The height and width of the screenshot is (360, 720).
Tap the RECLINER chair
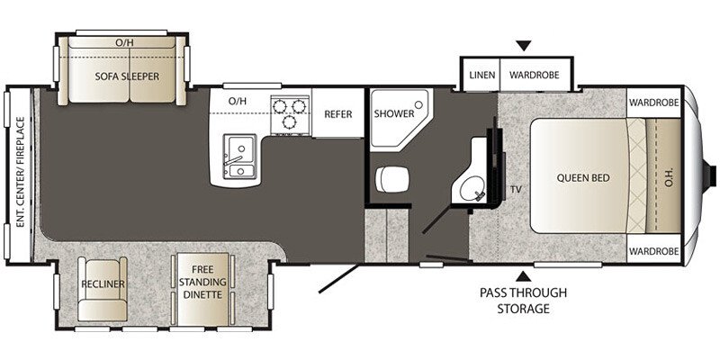(x=101, y=284)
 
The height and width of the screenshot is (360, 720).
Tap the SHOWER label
(x=394, y=114)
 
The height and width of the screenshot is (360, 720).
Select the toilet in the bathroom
(x=391, y=178)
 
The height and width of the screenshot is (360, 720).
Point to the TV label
(x=516, y=190)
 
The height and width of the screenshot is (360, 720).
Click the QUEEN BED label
(x=583, y=178)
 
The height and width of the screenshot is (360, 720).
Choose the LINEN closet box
(x=480, y=75)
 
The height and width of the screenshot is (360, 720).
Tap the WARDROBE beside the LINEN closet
(x=537, y=75)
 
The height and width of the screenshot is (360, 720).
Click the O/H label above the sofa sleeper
(x=125, y=42)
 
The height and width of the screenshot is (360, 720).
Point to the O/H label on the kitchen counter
(x=238, y=101)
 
